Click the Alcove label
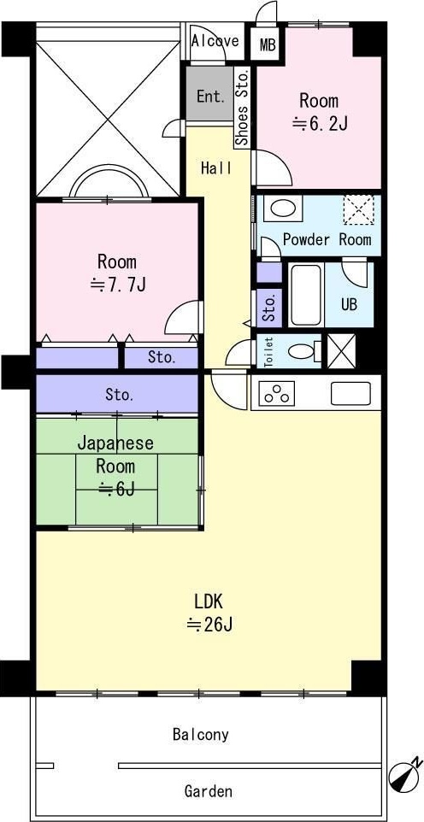215,40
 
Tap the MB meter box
268,44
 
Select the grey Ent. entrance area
209,96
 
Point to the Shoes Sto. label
243,108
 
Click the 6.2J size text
320,124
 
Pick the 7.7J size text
117,285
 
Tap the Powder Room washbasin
283,208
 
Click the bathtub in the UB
305,295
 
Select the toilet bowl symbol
303,350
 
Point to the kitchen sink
350,393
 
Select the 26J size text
209,624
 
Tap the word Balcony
200,735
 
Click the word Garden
208,790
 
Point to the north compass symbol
405,774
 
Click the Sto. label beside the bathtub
269,308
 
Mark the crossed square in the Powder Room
358,209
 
